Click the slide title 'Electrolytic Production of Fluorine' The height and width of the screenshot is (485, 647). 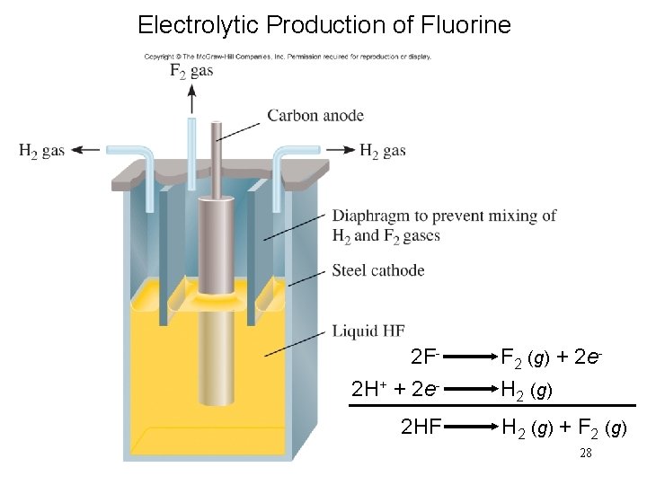point(323,24)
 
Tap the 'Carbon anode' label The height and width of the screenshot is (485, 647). point(315,115)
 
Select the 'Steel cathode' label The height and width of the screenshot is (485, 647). point(377,270)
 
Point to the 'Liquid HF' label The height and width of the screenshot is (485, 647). point(368,331)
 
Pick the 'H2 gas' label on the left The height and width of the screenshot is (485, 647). point(41,151)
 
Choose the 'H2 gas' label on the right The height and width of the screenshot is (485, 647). point(383,151)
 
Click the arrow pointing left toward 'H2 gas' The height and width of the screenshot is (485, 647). point(88,151)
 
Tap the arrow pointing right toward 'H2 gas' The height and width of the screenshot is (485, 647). point(340,150)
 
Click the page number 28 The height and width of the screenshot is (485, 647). point(585,454)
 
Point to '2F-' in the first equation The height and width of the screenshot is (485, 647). point(424,357)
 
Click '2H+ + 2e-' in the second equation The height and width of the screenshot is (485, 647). point(395,391)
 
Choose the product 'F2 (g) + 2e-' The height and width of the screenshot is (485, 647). point(550,357)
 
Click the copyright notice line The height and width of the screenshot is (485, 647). point(288,57)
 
